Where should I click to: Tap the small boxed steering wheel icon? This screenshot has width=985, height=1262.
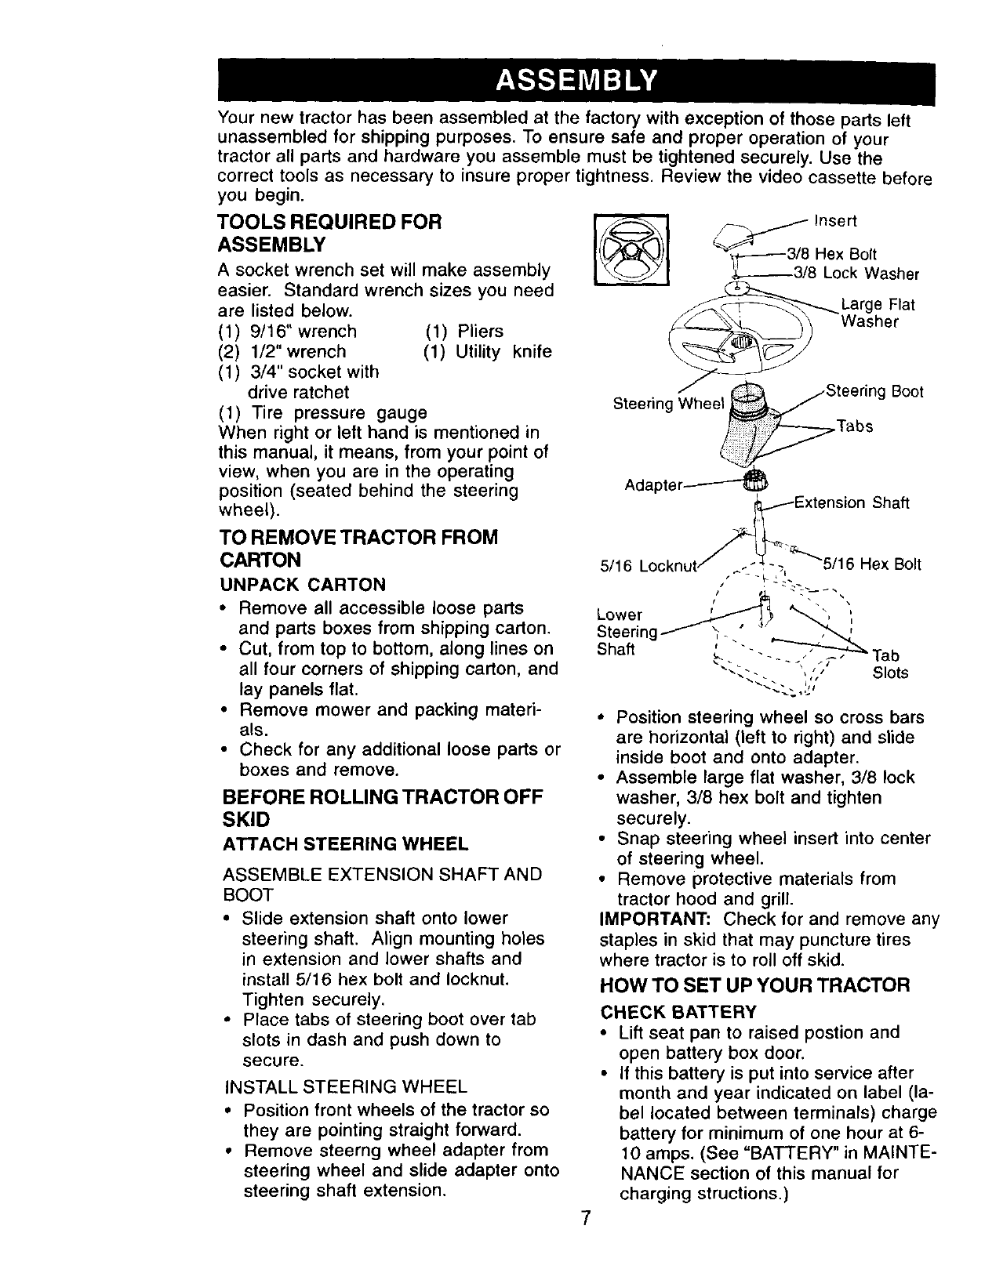(x=631, y=250)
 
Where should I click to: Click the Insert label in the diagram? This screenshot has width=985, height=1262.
(x=836, y=220)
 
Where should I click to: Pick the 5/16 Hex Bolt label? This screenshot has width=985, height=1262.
(x=871, y=564)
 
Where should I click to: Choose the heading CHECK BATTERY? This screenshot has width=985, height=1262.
(x=678, y=1010)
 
